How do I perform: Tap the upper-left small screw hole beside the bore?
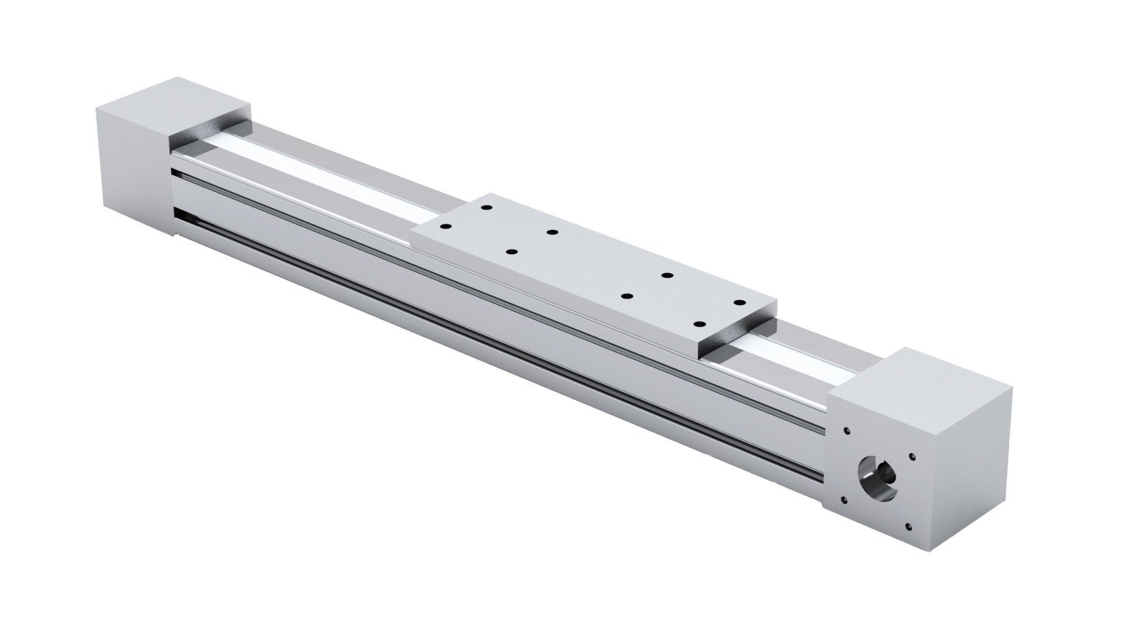847,431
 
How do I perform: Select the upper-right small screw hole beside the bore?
912,455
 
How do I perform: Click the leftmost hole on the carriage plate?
446,227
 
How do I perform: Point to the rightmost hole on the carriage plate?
737,302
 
